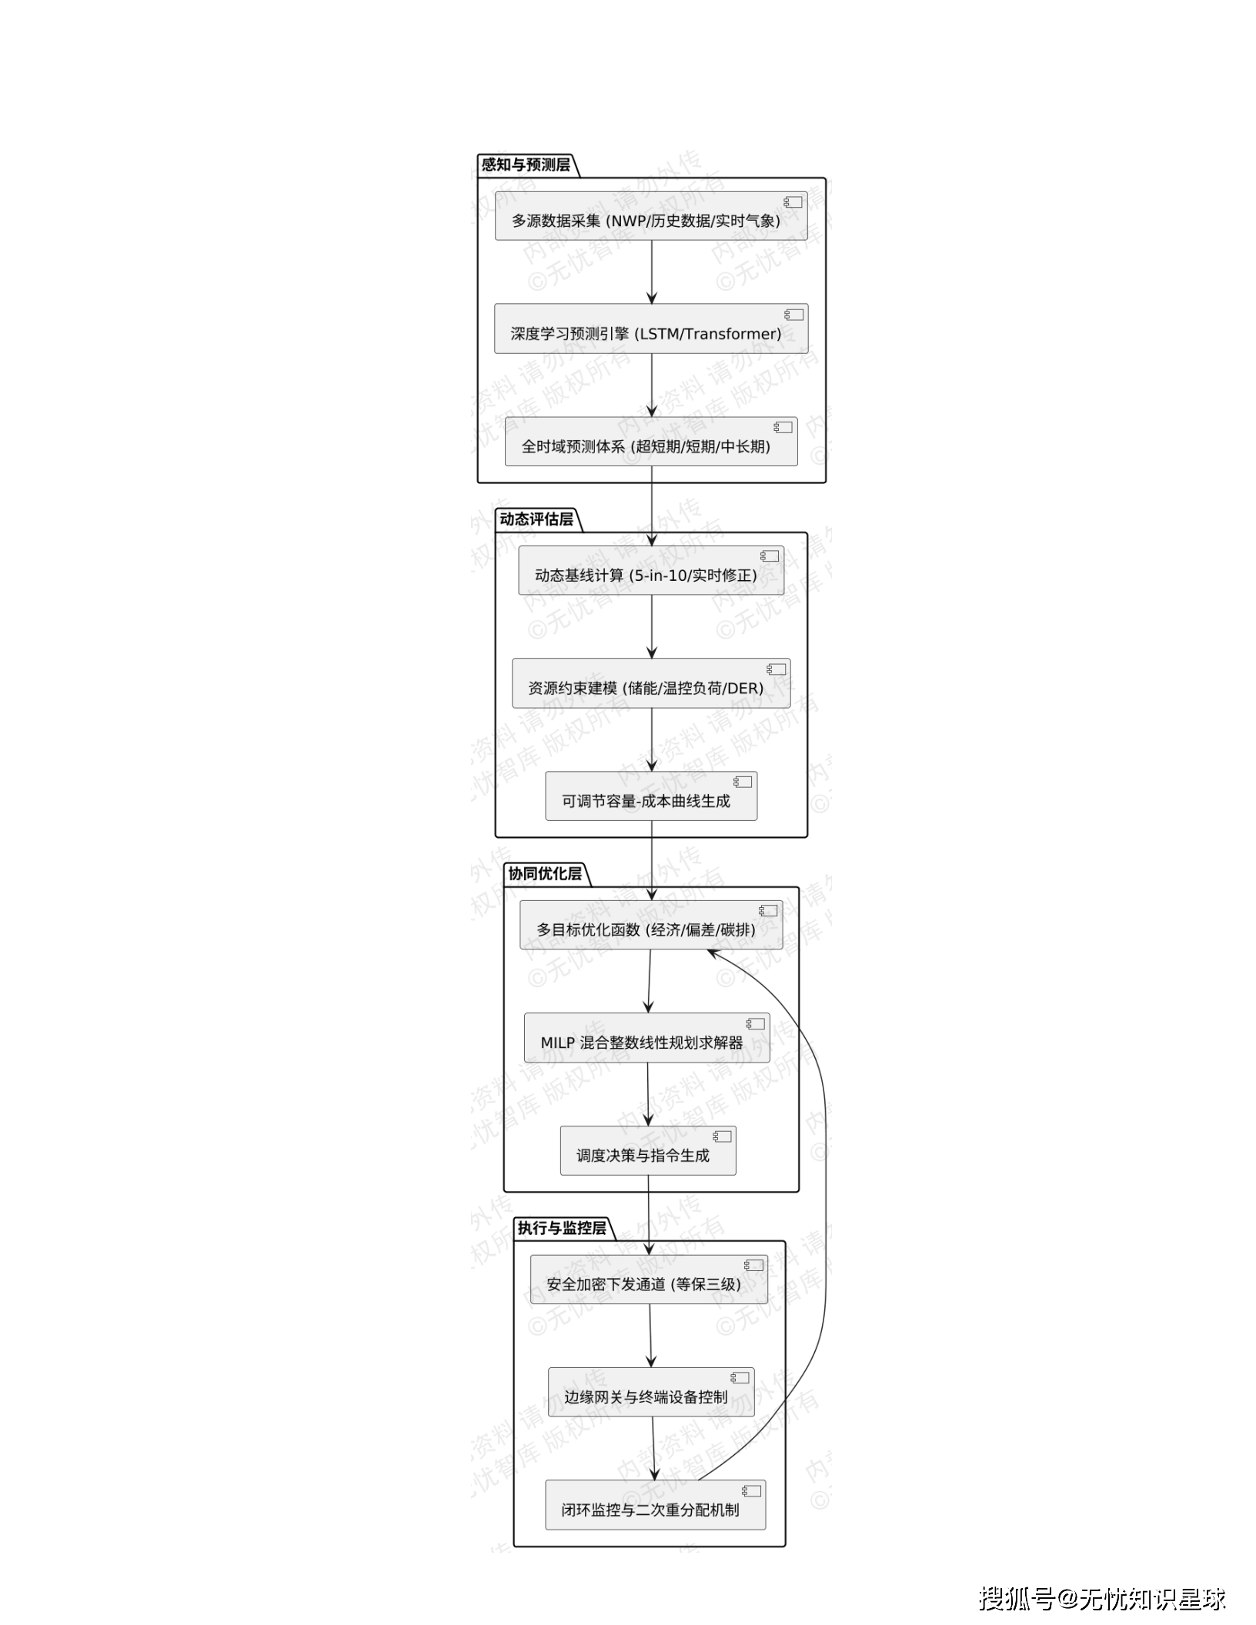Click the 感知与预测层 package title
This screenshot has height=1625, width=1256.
pyautogui.click(x=526, y=165)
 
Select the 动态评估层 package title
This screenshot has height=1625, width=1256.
pyautogui.click(x=536, y=519)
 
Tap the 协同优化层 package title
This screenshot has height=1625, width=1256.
pyautogui.click(x=545, y=874)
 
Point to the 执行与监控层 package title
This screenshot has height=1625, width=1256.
pyautogui.click(x=562, y=1228)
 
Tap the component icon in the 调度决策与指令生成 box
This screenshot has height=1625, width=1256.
pyautogui.click(x=722, y=1136)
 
